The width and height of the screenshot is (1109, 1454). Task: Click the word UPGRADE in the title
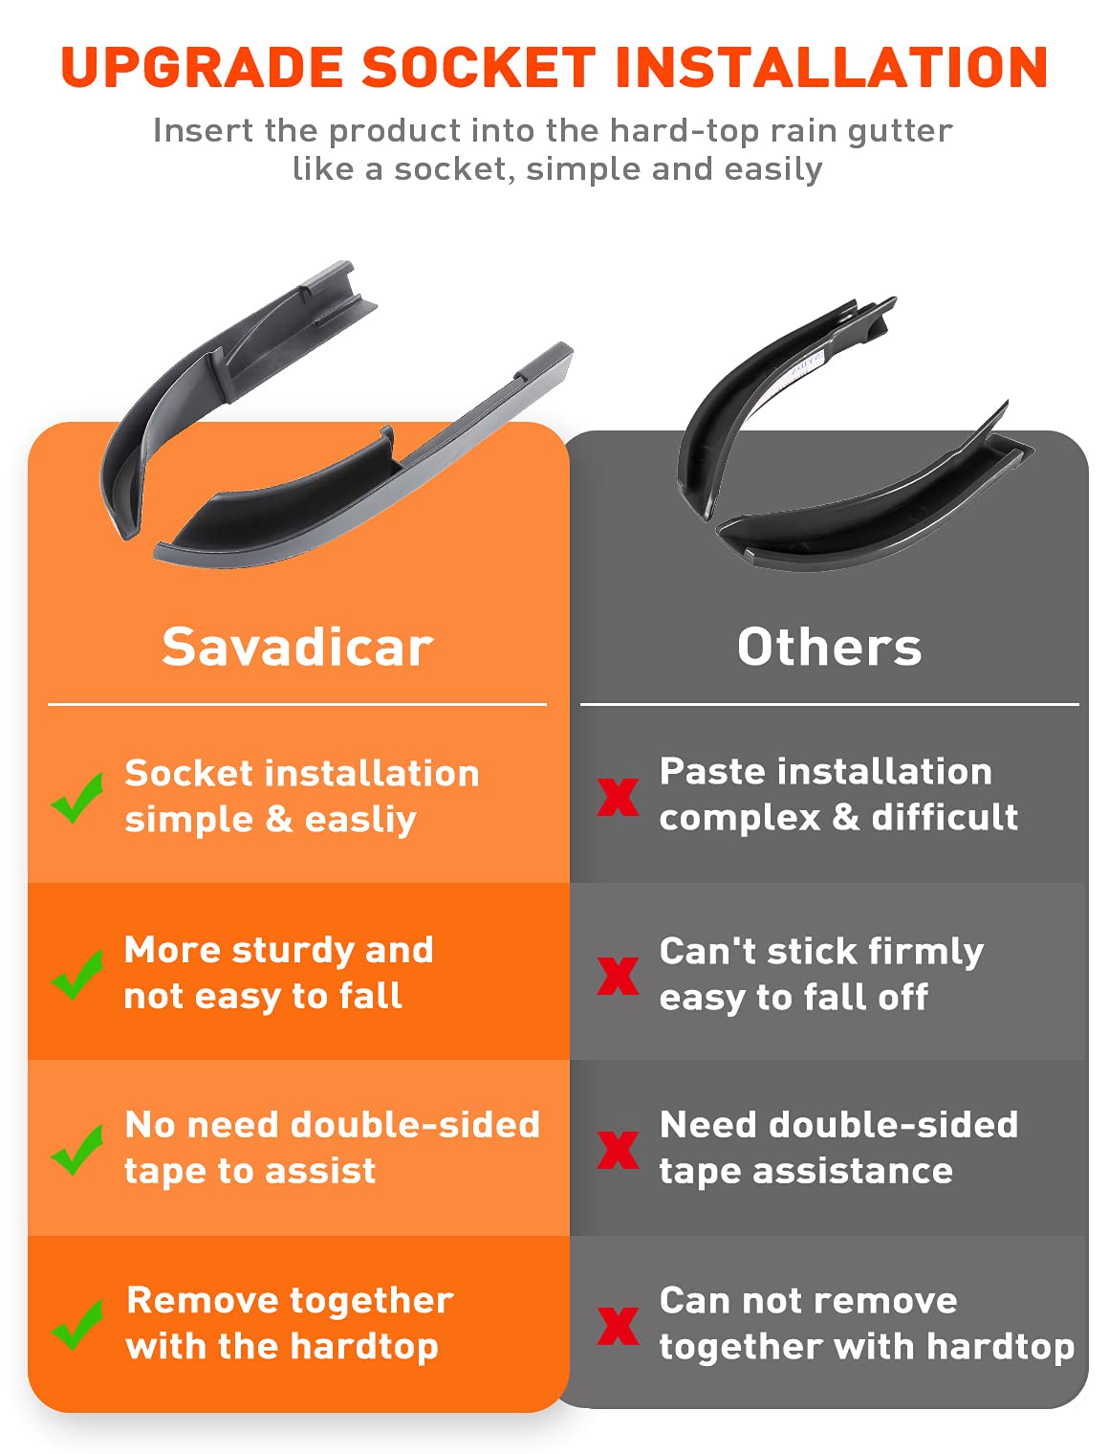pos(202,67)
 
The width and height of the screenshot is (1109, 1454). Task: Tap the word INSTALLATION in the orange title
pos(831,67)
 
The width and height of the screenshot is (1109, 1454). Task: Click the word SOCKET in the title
pos(479,67)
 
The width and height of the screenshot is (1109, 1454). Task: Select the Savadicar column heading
pos(297,647)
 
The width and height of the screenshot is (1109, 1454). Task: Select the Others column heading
pos(830,647)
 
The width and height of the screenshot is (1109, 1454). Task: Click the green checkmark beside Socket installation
pos(77,798)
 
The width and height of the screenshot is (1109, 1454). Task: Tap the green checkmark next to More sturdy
pos(77,975)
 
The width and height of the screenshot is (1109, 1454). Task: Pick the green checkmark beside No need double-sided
pos(77,1150)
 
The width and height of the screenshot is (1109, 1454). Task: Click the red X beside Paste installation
pos(618,797)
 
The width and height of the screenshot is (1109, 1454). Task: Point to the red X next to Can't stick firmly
pos(618,976)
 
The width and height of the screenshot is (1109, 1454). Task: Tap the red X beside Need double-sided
pos(618,1150)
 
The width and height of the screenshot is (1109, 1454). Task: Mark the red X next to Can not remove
pos(618,1326)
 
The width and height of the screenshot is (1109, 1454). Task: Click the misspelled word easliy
pos(360,821)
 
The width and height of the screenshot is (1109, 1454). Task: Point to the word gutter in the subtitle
pos(900,131)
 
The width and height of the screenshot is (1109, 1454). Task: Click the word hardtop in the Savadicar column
pos(364,1347)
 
